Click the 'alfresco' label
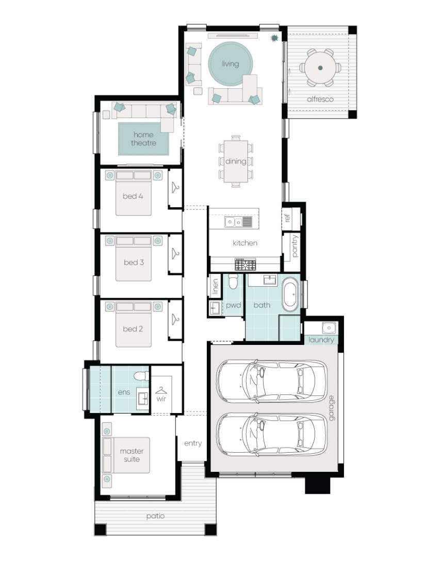point(320,98)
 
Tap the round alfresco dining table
point(320,68)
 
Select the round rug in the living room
point(230,64)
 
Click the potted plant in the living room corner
point(274,38)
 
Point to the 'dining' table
point(236,161)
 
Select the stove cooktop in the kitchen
point(244,265)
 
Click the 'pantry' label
point(294,245)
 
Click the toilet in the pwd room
point(233,282)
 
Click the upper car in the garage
point(271,381)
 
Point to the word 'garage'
point(331,407)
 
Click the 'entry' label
point(193,443)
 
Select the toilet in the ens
point(141,375)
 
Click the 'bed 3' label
point(134,262)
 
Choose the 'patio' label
point(155,516)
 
